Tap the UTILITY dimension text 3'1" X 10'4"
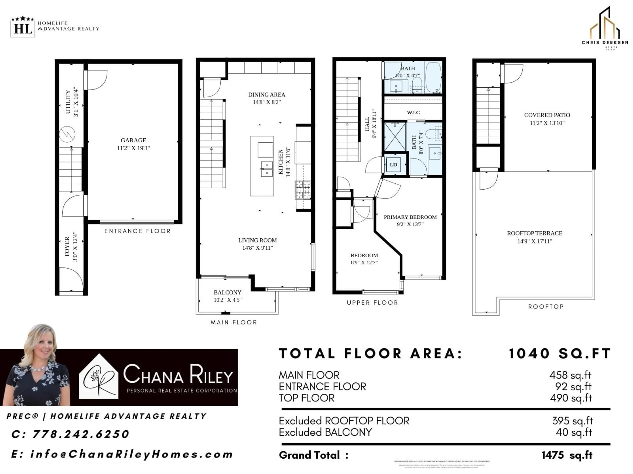coord(75,102)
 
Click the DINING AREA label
coord(266,95)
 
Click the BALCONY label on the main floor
coord(227,292)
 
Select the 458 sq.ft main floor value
coord(570,375)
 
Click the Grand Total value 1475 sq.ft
coord(567,455)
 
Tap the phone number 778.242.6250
coord(81,434)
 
